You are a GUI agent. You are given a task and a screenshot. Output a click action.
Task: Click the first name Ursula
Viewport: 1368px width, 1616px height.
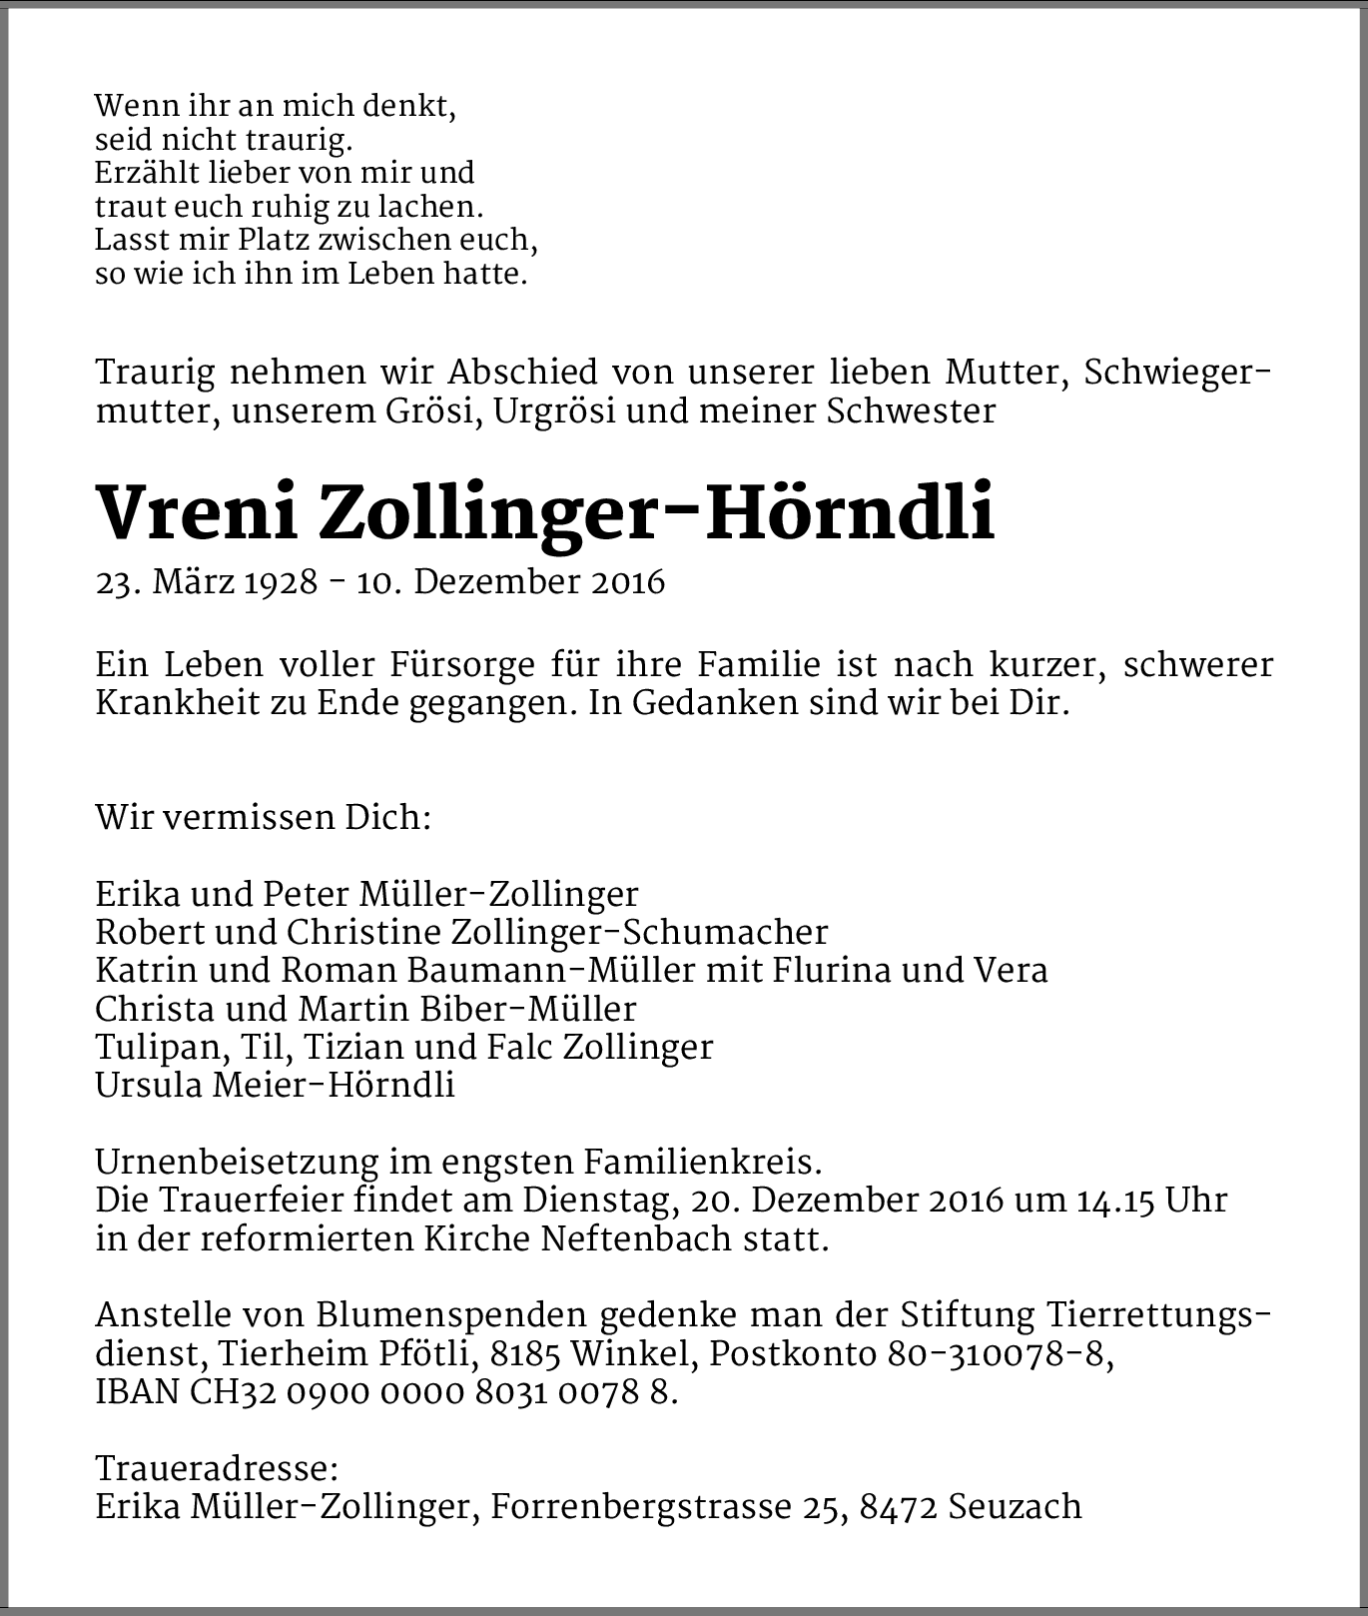pos(148,1085)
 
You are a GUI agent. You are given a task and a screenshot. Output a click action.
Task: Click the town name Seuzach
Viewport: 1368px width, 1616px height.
pos(1015,1506)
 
